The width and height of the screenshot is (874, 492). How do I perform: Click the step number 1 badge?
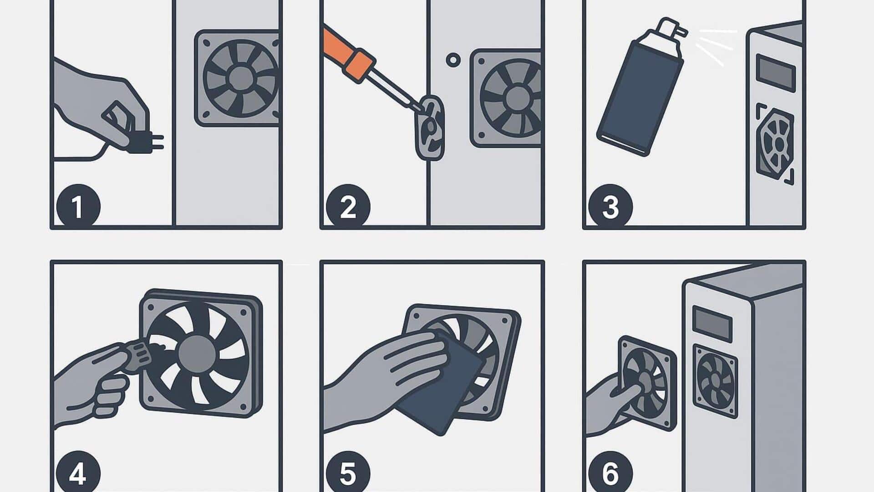click(78, 206)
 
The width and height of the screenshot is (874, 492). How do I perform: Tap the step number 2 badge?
click(348, 206)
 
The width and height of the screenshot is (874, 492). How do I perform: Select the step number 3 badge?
click(610, 206)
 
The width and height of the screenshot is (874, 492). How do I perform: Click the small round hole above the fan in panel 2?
click(453, 60)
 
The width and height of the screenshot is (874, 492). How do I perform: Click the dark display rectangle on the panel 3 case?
click(776, 72)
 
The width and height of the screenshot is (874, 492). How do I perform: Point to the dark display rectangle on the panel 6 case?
click(712, 324)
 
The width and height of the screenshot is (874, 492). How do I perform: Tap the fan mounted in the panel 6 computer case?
click(715, 381)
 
